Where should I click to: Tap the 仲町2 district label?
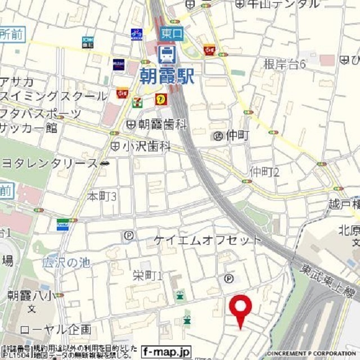[x=265, y=171]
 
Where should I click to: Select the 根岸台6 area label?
[x=285, y=64]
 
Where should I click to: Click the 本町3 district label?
[x=102, y=196]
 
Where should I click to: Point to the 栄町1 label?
[x=148, y=275]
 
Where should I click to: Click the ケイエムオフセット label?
[x=208, y=240]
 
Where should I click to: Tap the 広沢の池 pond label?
[x=66, y=262]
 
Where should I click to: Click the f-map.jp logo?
[x=166, y=352]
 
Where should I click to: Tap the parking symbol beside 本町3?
[x=129, y=236]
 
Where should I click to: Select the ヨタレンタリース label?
[x=49, y=163]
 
